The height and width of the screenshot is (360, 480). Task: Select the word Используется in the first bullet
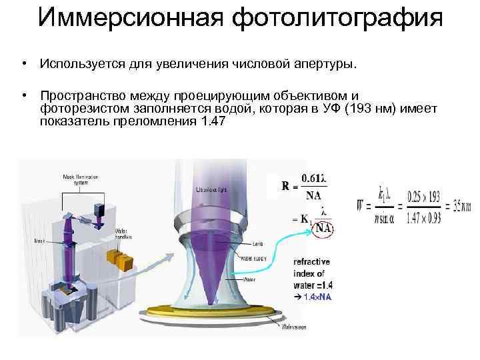[81, 65]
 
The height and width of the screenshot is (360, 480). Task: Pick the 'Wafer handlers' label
[125, 233]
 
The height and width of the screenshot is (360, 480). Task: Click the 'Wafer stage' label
[294, 327]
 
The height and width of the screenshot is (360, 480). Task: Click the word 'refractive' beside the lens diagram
[312, 262]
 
